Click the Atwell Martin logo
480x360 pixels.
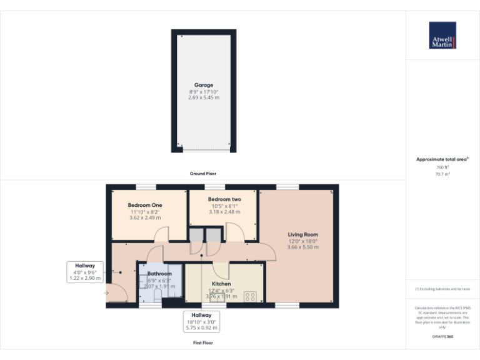(442, 36)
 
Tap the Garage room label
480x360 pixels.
(204, 85)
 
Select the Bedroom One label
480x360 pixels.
(145, 205)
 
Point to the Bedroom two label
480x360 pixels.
(224, 199)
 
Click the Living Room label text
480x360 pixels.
(302, 234)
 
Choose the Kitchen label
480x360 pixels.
(221, 284)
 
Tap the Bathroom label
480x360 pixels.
(159, 274)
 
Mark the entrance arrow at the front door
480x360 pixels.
(107, 292)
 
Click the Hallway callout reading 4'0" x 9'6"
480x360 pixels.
(85, 272)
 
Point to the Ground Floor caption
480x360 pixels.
(203, 173)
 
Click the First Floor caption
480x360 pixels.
(203, 343)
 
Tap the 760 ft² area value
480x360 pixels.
(442, 167)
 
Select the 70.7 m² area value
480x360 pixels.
(442, 174)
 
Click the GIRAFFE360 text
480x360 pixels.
(442, 337)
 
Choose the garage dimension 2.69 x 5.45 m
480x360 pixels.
(204, 98)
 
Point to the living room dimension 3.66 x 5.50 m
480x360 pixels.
(302, 247)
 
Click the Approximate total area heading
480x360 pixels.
(442, 160)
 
